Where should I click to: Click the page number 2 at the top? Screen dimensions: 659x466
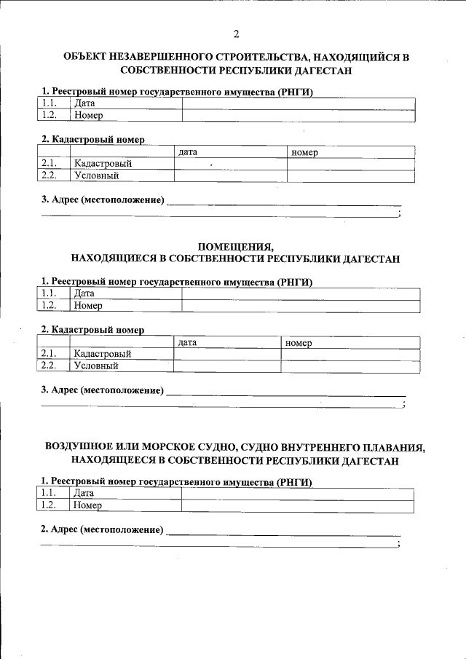click(x=236, y=34)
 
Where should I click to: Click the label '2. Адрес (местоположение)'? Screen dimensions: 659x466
click(x=102, y=529)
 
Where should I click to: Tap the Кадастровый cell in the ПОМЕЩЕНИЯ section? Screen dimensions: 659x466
click(x=102, y=354)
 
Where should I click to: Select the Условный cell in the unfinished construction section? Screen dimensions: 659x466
click(x=95, y=175)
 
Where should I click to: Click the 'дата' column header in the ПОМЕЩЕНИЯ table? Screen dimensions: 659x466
click(x=188, y=342)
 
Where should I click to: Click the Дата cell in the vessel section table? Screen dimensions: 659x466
click(x=84, y=493)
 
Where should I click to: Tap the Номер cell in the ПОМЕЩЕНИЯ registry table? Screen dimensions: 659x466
click(x=87, y=306)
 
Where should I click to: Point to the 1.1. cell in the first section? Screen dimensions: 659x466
click(x=50, y=103)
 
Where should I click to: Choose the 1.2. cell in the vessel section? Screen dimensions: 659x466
click(x=50, y=505)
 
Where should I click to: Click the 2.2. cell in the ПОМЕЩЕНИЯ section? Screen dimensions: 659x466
click(x=50, y=366)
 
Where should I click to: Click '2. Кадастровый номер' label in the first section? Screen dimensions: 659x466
click(x=92, y=138)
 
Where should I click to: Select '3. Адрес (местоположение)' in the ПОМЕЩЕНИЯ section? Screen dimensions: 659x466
click(x=102, y=390)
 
